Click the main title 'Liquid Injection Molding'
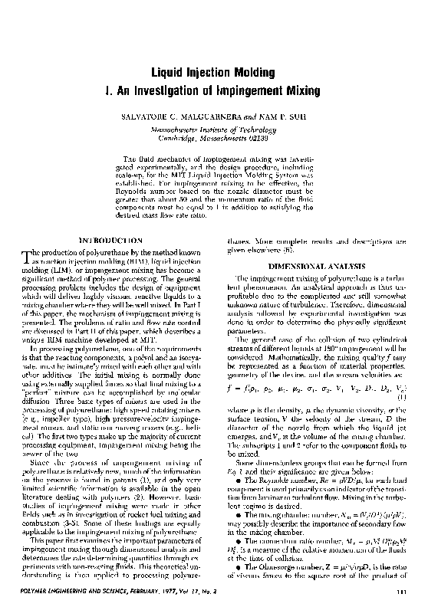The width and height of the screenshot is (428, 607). point(213,74)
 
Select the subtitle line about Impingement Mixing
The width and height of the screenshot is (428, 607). point(213,92)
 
